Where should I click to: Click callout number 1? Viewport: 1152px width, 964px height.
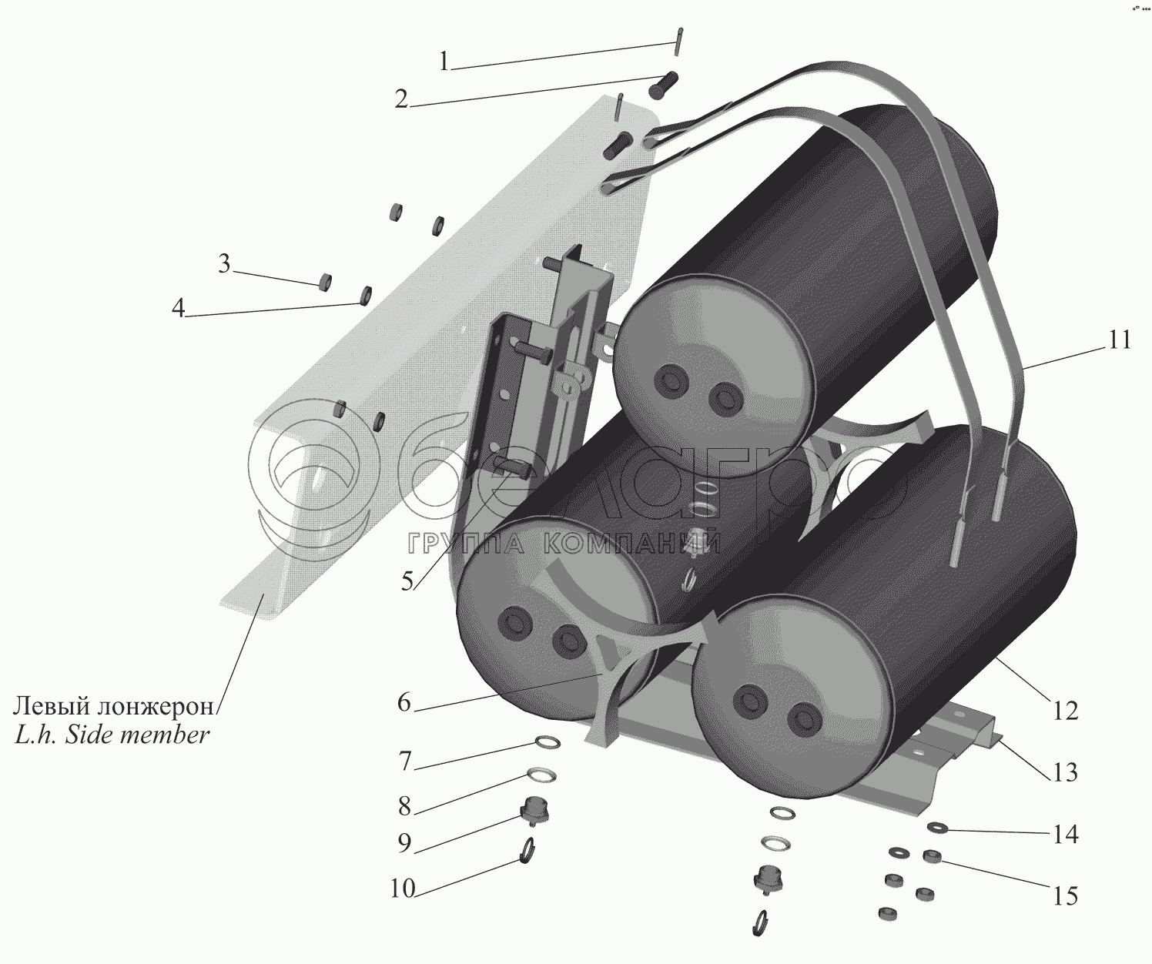(x=444, y=62)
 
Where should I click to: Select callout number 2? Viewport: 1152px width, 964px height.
(x=401, y=99)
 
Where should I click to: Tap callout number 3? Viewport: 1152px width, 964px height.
(x=224, y=264)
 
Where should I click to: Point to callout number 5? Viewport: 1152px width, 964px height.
(x=407, y=581)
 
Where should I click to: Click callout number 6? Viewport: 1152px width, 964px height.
(x=404, y=703)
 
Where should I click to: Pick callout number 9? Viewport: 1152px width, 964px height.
(x=404, y=843)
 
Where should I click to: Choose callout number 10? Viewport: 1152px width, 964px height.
(x=403, y=889)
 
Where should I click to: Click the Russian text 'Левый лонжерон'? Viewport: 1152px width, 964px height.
(x=113, y=706)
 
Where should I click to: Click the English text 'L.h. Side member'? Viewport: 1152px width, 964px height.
(x=112, y=735)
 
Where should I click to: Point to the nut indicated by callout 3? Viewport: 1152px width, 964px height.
(x=326, y=281)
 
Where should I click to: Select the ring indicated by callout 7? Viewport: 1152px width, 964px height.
(x=548, y=742)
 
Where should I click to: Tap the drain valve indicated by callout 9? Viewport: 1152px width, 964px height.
(x=534, y=811)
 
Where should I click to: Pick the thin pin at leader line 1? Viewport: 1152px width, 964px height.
(x=679, y=42)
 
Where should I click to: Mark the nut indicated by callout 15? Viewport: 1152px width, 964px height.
(x=932, y=857)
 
